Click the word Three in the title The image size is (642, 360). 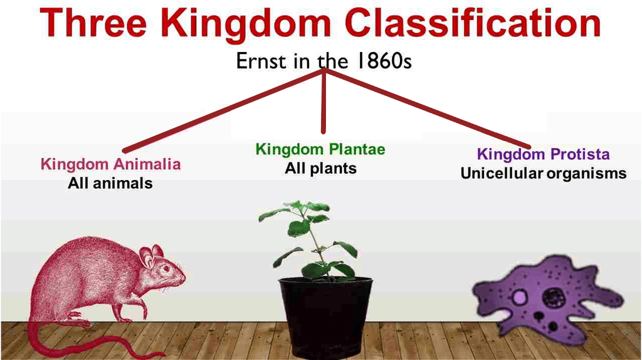coord(93,23)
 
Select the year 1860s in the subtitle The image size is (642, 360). coord(384,61)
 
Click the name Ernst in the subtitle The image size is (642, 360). coord(261,61)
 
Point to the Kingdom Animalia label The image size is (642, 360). coord(110,164)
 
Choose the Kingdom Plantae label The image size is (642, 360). coord(320,149)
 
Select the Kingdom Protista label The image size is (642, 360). coord(544,154)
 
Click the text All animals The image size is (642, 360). coord(110,183)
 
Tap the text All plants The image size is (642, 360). coord(320,168)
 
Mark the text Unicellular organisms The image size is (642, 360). coord(544,173)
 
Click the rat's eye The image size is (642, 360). coord(166,268)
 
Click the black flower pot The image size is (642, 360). coord(325,316)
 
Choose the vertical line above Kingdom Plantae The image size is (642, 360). coord(324,101)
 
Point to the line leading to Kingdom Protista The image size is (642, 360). coord(426,109)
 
